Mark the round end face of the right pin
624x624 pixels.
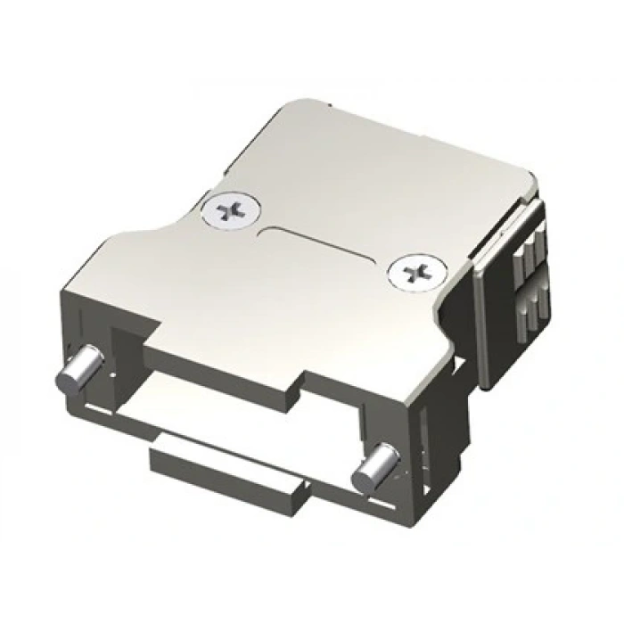(363, 479)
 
